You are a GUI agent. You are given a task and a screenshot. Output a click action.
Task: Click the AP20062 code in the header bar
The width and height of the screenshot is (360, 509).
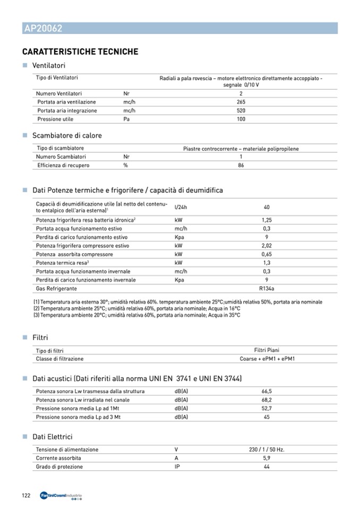(x=43, y=29)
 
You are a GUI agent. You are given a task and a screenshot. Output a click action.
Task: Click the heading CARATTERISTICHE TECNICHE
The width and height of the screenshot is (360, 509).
(x=80, y=52)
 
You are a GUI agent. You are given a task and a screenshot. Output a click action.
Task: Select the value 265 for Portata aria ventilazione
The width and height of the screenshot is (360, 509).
(x=241, y=102)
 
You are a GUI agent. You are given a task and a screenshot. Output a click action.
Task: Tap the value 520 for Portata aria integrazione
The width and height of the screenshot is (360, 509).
(x=241, y=110)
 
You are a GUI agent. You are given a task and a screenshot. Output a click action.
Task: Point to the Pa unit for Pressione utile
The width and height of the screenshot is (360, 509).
(x=127, y=119)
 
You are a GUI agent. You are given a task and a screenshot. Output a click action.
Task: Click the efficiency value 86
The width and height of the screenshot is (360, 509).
(x=241, y=165)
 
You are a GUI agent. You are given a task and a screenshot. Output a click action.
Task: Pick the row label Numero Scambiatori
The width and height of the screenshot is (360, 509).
(x=61, y=157)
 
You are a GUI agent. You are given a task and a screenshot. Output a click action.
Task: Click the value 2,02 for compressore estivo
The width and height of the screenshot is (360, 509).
(x=267, y=246)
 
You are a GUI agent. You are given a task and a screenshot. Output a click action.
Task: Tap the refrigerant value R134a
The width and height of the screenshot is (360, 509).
(x=267, y=288)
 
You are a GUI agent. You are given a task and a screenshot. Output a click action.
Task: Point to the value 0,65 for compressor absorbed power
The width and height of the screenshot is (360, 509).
(x=267, y=254)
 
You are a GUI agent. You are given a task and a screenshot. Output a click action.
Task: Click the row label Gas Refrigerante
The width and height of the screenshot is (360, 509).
(x=56, y=288)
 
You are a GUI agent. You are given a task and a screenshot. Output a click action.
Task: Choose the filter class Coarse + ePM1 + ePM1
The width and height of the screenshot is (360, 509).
(x=267, y=359)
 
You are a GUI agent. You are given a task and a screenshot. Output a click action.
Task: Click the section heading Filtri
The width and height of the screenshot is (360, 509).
(x=40, y=338)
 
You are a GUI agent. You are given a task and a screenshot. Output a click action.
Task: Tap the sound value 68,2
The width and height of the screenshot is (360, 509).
(x=267, y=400)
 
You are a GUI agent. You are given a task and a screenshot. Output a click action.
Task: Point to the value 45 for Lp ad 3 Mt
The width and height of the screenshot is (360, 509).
(x=267, y=417)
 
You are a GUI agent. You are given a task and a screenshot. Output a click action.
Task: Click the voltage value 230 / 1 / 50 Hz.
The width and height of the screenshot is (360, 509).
(x=267, y=450)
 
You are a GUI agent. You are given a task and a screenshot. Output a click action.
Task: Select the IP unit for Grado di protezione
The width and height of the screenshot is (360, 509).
(x=177, y=467)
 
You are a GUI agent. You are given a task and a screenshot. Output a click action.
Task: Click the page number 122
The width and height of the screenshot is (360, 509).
(x=26, y=495)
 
